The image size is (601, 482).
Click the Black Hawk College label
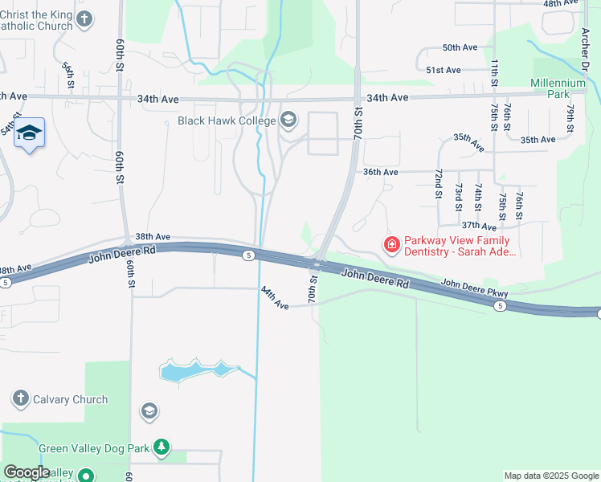227,121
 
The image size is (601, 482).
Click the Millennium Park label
558,88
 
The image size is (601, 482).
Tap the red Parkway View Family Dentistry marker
392,243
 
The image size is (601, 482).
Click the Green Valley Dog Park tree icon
161,446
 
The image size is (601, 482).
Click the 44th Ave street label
275,298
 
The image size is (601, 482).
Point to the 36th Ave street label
380,172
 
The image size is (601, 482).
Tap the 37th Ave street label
479,227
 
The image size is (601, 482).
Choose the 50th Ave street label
460,47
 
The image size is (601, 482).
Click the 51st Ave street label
444,70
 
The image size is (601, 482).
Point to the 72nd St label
439,184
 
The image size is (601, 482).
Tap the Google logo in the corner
27,472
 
